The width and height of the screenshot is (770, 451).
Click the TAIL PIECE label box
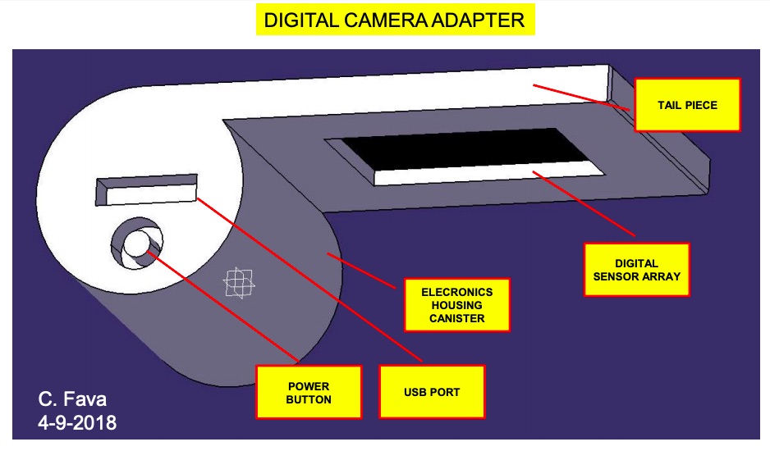(688, 105)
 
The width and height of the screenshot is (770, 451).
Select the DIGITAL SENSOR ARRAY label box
(636, 270)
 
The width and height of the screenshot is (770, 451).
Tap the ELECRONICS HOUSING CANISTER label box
(456, 305)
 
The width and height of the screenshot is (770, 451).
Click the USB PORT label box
(431, 392)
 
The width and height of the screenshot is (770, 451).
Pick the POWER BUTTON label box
(309, 392)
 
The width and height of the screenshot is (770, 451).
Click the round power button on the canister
(136, 243)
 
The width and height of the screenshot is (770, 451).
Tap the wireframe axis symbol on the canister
(239, 284)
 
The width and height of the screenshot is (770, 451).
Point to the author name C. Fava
(72, 400)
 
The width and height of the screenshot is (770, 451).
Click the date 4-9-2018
(77, 423)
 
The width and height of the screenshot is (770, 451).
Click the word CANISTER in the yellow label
(456, 318)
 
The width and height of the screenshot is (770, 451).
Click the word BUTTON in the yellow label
(309, 399)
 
